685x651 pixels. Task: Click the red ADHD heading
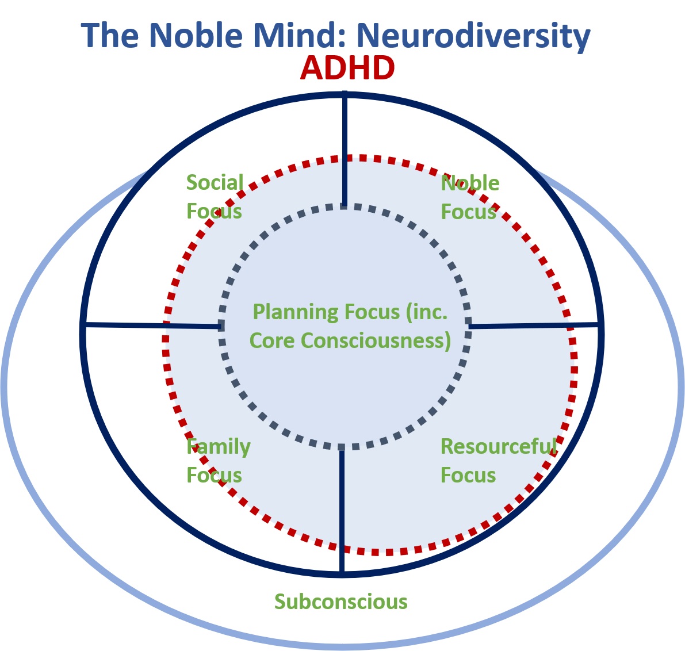point(347,68)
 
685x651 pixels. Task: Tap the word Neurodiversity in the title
point(473,36)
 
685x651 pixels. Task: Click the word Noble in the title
point(196,35)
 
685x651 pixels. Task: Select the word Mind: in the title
point(300,35)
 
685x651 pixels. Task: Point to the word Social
point(215,183)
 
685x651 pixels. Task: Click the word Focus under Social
point(214,212)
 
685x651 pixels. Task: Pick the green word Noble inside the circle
point(470,183)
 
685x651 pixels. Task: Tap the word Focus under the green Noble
point(468,212)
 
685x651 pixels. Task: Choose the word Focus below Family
point(214,475)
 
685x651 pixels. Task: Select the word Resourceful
point(499,446)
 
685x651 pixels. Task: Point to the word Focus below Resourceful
point(468,475)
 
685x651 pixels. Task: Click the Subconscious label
point(340,602)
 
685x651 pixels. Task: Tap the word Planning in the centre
point(296,312)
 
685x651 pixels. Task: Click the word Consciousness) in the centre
point(376,341)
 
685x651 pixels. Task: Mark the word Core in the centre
point(271,341)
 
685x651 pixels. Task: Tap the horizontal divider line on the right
point(533,325)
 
